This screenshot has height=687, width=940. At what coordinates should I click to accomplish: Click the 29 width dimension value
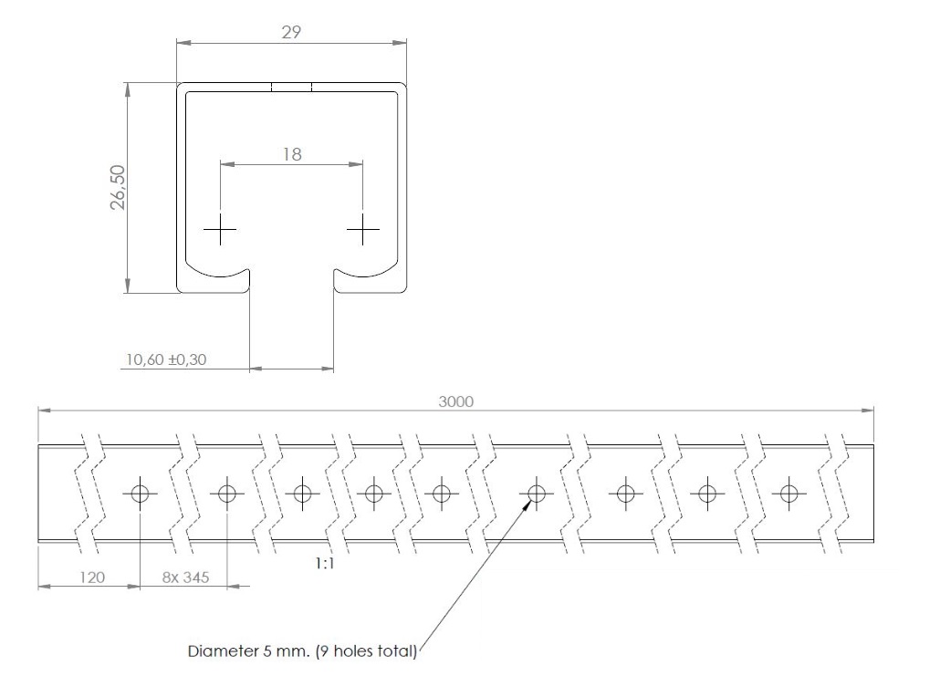[x=291, y=31]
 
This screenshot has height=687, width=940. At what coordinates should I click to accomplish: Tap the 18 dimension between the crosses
[x=291, y=154]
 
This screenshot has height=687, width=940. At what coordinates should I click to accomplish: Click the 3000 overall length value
[x=455, y=402]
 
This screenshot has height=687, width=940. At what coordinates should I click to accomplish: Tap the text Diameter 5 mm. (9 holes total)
[x=302, y=651]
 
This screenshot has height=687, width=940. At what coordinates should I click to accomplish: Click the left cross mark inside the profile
[x=221, y=229]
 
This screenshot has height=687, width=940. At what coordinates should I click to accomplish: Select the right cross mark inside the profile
[x=363, y=229]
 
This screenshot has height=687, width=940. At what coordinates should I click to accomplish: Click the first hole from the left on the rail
[x=140, y=494]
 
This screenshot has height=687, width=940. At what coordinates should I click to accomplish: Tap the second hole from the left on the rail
[x=226, y=494]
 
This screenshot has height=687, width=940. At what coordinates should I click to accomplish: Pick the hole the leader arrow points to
[x=537, y=494]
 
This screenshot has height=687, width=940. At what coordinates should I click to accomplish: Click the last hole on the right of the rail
[x=789, y=494]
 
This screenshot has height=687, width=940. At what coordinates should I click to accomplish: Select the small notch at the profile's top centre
[x=291, y=88]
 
